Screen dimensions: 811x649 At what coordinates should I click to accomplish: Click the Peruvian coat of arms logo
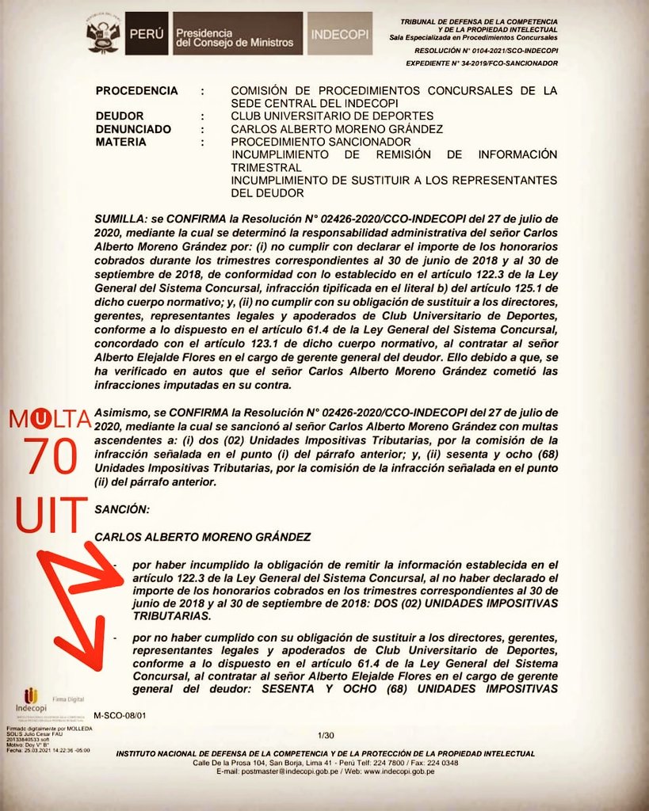(102, 34)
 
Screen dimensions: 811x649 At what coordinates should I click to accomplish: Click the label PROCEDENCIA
(136, 91)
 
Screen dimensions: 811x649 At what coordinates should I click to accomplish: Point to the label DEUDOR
(120, 116)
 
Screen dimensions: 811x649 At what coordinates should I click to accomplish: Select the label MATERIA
(120, 142)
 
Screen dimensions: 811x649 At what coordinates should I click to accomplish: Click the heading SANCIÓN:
(122, 508)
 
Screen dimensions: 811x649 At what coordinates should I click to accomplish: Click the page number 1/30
(324, 735)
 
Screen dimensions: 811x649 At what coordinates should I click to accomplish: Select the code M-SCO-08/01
(120, 715)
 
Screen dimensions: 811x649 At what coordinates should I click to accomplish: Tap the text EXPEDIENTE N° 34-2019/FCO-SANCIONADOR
(481, 63)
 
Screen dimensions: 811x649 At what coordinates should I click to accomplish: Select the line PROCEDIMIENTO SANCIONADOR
(310, 142)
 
